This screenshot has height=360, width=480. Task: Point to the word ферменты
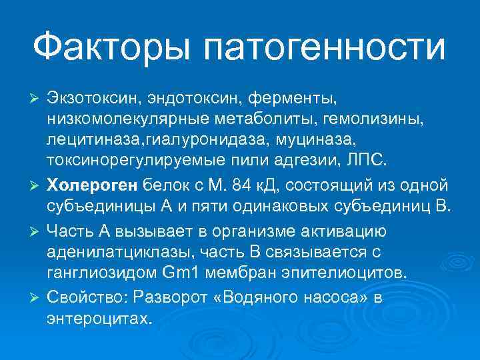coord(293,99)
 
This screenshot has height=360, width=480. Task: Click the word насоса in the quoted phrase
coord(333,295)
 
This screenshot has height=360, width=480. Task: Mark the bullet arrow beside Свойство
coord(38,296)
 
